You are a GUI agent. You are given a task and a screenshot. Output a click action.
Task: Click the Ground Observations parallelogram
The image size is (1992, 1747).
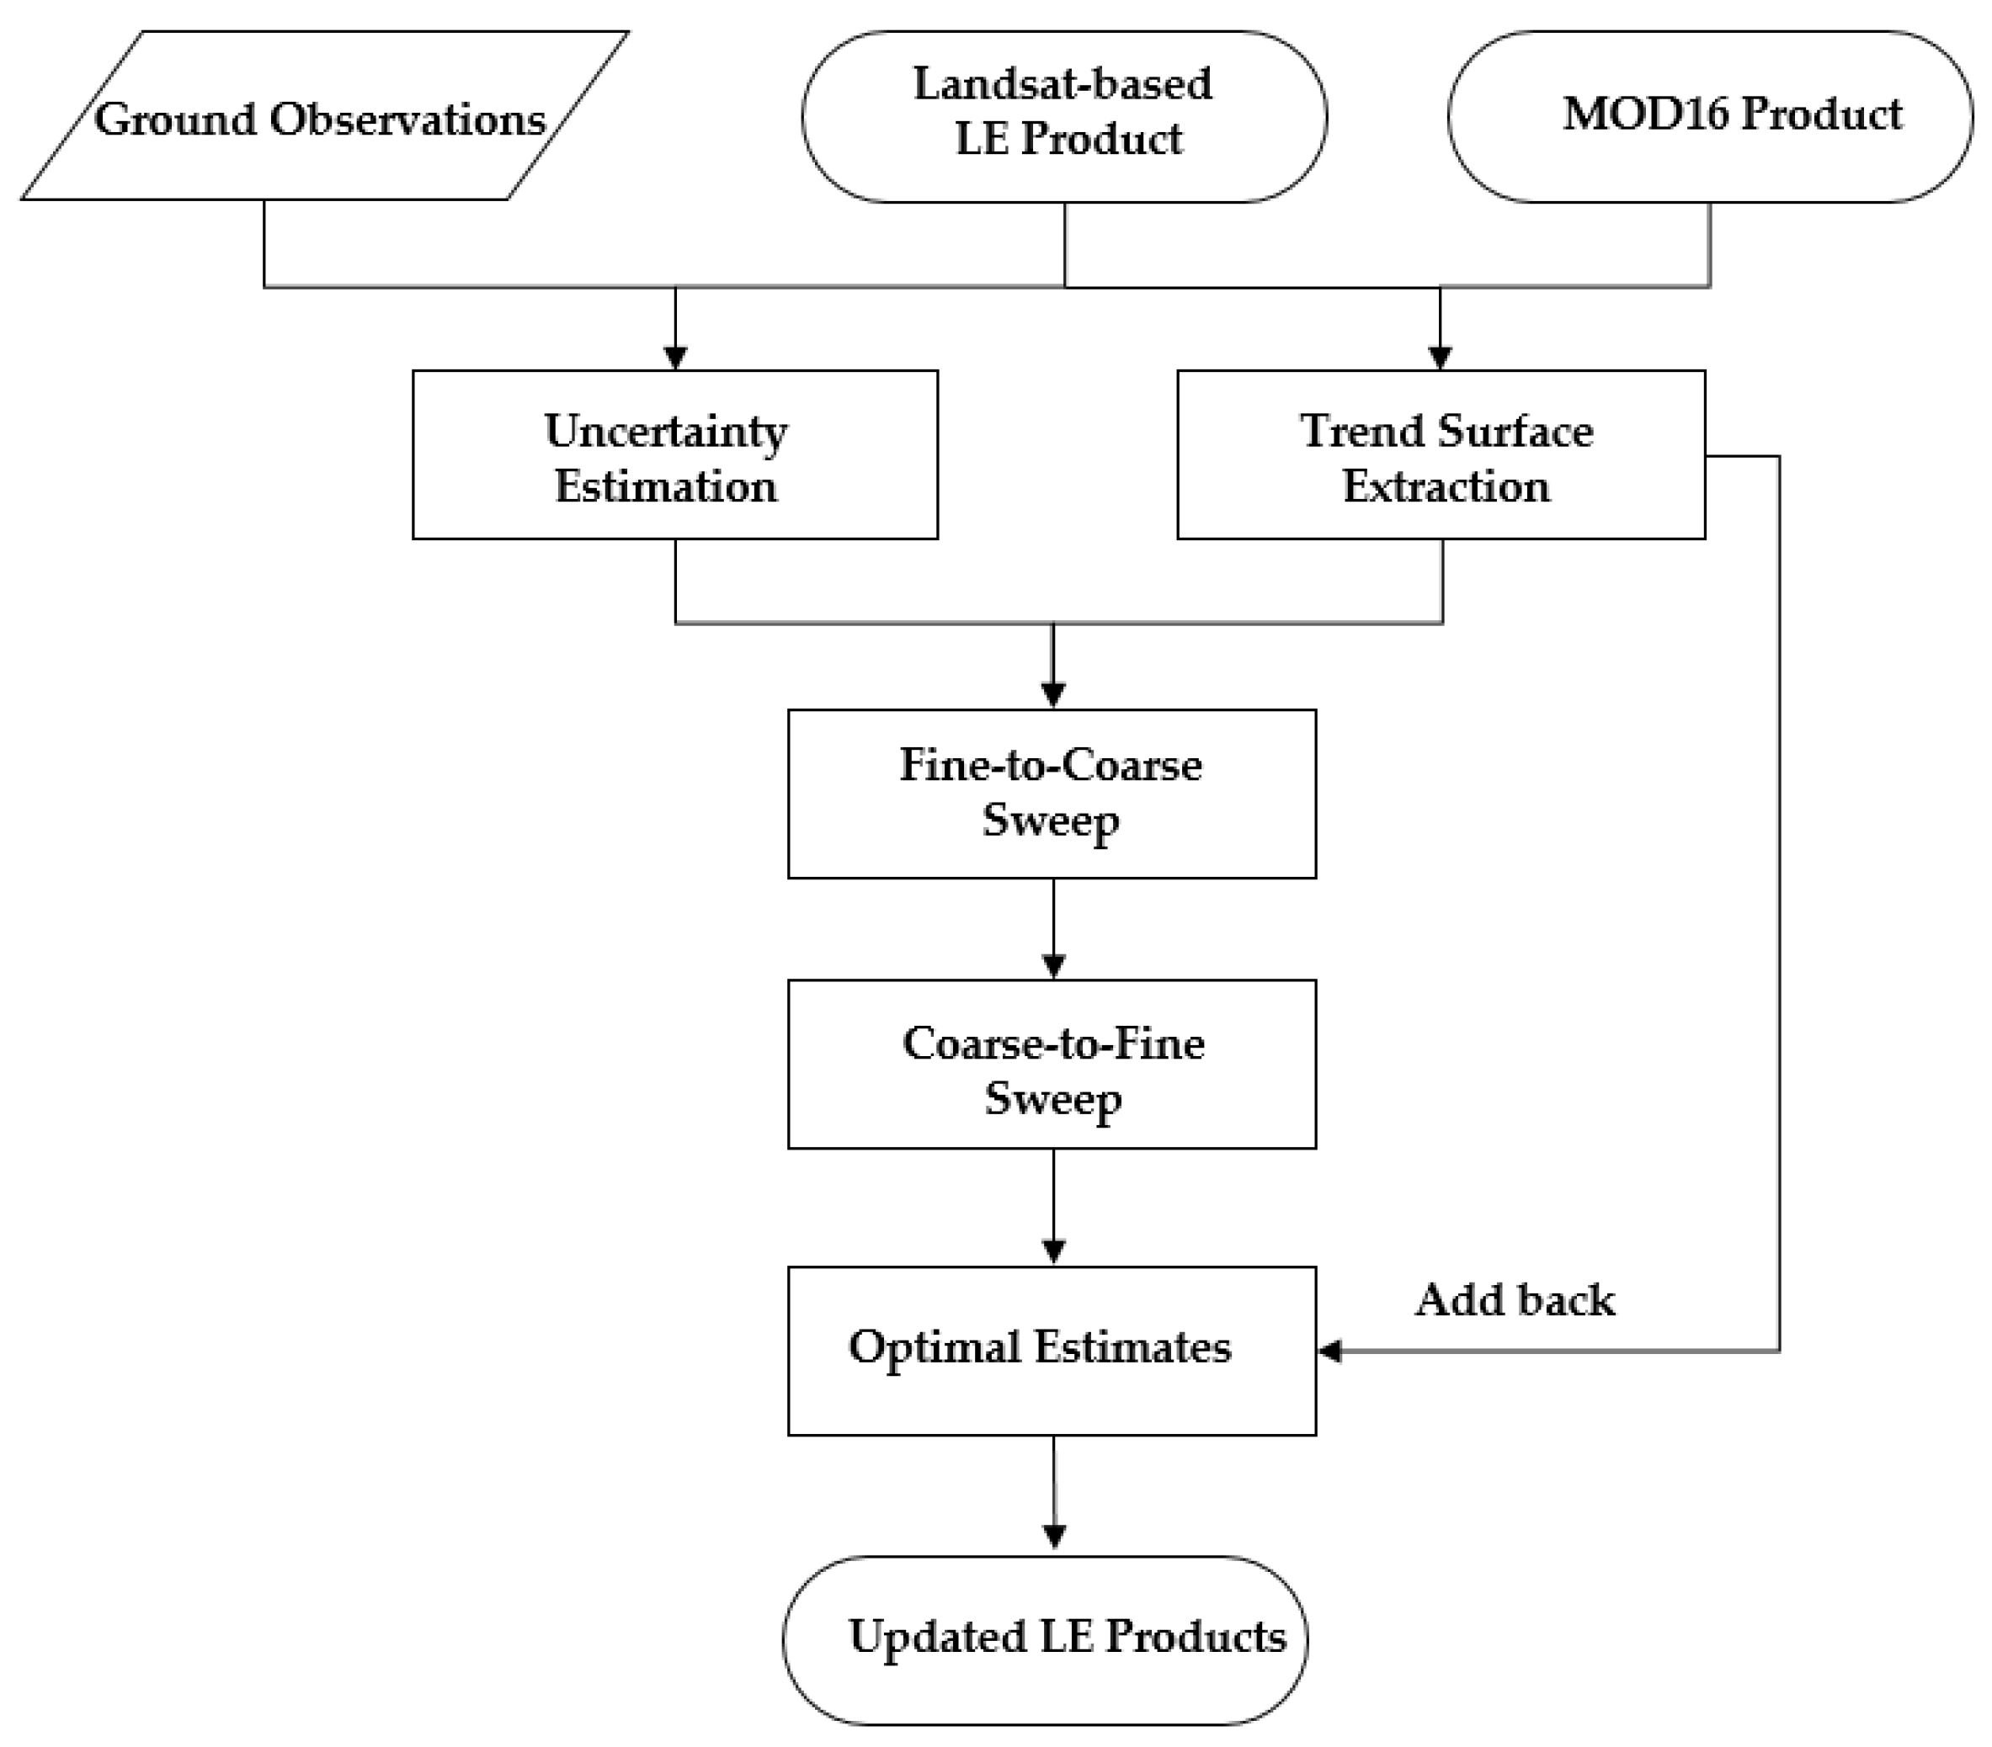click(322, 117)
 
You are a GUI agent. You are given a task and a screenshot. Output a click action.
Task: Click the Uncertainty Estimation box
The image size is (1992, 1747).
click(674, 454)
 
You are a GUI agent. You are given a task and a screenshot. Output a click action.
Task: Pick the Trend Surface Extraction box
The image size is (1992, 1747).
click(1441, 454)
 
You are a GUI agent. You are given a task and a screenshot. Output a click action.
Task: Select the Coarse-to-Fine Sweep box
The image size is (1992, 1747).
click(1052, 1064)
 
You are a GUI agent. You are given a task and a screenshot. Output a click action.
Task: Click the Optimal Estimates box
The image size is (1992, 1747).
click(1052, 1351)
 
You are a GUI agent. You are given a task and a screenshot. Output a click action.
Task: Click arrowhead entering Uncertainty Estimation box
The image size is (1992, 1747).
click(675, 358)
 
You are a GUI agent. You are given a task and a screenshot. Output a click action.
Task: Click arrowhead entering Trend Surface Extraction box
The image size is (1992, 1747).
click(1441, 358)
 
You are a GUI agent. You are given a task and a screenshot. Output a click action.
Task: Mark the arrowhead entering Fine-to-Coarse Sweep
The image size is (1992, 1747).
click(1052, 696)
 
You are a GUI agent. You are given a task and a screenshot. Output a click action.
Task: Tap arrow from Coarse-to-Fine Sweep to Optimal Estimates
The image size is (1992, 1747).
click(1053, 1208)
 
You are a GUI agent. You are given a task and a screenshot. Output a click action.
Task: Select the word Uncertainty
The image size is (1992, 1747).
click(666, 431)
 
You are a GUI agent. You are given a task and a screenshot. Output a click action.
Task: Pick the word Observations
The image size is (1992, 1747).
click(407, 119)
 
